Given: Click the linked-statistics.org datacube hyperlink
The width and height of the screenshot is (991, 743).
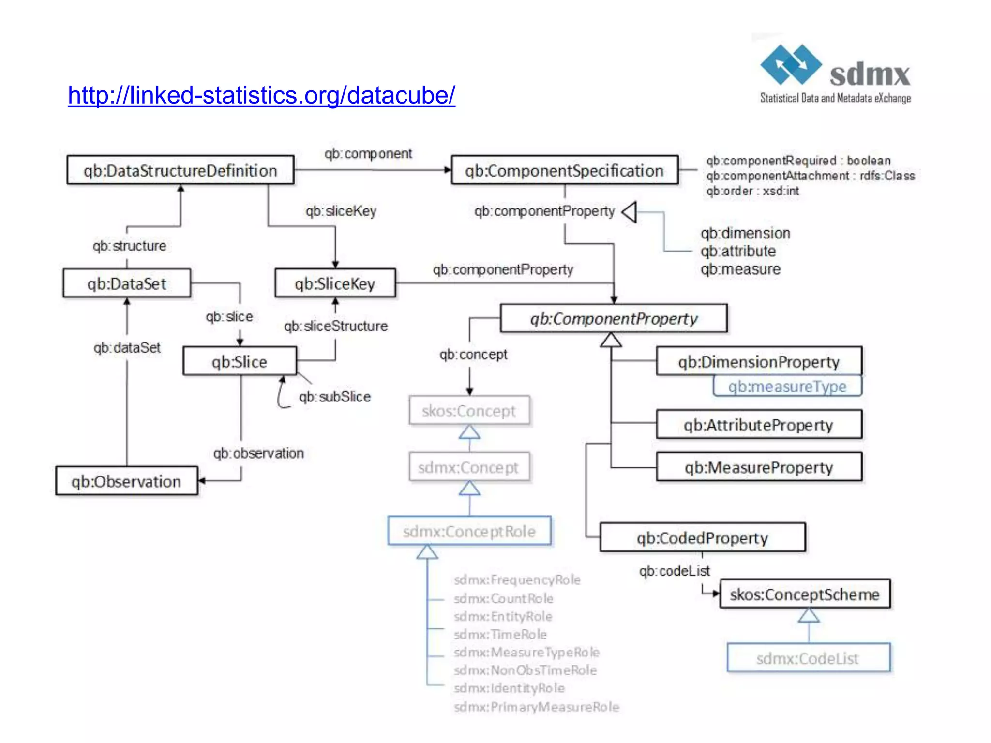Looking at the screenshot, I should (261, 95).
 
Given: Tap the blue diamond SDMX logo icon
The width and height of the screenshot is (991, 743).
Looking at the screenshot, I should (791, 64).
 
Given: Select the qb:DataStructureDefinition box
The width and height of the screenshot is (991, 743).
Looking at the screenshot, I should (180, 170).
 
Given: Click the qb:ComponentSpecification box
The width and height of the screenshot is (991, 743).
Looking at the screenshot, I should (564, 170).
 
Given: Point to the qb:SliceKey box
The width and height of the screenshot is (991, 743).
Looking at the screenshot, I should (335, 283).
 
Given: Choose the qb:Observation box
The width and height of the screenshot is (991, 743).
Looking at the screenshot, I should (126, 481).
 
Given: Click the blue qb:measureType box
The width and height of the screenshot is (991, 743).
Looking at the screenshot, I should (787, 386).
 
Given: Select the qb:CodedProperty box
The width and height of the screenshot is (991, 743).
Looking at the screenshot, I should (702, 537).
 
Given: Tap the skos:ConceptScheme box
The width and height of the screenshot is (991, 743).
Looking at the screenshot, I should (805, 594).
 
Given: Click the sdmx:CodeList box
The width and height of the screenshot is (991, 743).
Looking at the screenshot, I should (808, 658).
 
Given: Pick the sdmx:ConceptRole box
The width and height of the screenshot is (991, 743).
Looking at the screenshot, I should (469, 531).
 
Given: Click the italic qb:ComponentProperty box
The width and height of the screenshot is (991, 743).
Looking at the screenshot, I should (614, 318).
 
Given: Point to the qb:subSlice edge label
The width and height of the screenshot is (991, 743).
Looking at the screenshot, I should (335, 397).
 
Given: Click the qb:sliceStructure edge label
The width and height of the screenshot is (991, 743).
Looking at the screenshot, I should (336, 326).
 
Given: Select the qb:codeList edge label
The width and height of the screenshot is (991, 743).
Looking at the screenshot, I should (674, 571).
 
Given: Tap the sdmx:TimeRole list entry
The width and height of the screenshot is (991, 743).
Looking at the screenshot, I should (500, 634).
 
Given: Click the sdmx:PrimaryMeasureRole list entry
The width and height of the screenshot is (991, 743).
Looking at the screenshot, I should (536, 707).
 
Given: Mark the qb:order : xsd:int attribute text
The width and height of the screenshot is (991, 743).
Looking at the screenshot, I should (752, 191).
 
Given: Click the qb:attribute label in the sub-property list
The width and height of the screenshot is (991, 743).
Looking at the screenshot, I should (738, 251).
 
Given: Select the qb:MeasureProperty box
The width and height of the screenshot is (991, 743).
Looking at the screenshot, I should (759, 467).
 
